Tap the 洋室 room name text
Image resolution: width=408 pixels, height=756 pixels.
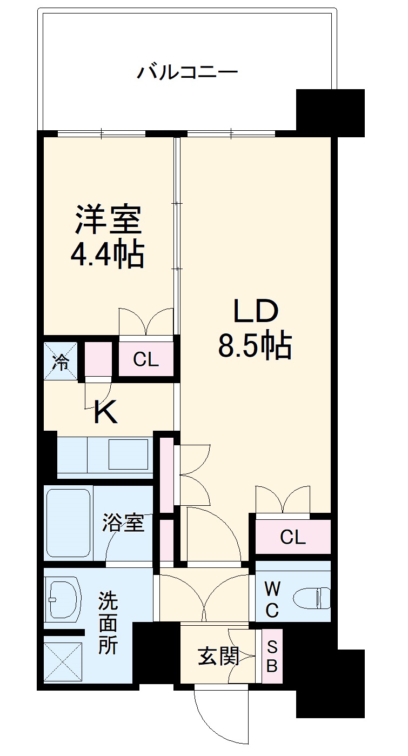(108, 219)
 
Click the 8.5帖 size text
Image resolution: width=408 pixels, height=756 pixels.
(255, 346)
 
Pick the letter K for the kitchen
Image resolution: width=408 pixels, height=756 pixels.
(106, 413)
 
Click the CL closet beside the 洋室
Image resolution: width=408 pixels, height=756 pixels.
(146, 359)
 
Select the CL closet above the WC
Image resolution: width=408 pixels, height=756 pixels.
(292, 537)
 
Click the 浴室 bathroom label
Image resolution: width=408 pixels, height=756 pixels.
(124, 523)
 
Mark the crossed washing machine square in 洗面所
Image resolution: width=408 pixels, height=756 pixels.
(63, 664)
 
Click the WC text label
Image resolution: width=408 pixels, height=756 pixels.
(271, 599)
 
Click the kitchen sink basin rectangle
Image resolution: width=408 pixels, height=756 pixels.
(128, 454)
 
